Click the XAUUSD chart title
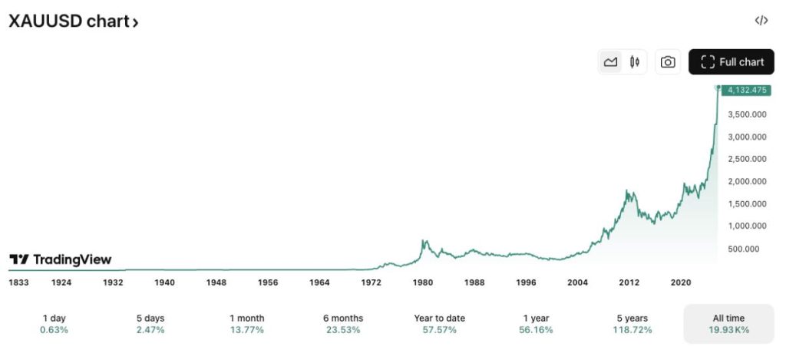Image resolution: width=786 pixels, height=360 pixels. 73,21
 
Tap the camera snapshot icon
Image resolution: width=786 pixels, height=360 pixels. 668,62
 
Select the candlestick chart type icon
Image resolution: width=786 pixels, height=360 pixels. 635,62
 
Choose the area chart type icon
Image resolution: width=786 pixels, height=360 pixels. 611,62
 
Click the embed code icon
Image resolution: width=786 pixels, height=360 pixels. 761,21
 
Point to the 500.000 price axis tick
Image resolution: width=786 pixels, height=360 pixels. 744,249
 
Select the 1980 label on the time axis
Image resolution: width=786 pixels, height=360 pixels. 423,282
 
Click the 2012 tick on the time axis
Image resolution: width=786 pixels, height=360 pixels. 629,282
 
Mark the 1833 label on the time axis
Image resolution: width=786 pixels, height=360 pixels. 18,282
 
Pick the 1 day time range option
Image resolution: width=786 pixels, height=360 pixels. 54,323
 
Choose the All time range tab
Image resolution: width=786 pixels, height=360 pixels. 728,323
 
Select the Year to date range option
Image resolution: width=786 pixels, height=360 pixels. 439,323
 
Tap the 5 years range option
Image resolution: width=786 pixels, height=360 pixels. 631,323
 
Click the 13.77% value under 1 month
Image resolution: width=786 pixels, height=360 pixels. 246,330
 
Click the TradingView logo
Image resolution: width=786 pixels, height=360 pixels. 60,259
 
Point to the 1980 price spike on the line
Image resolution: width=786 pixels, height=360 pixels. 423,242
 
